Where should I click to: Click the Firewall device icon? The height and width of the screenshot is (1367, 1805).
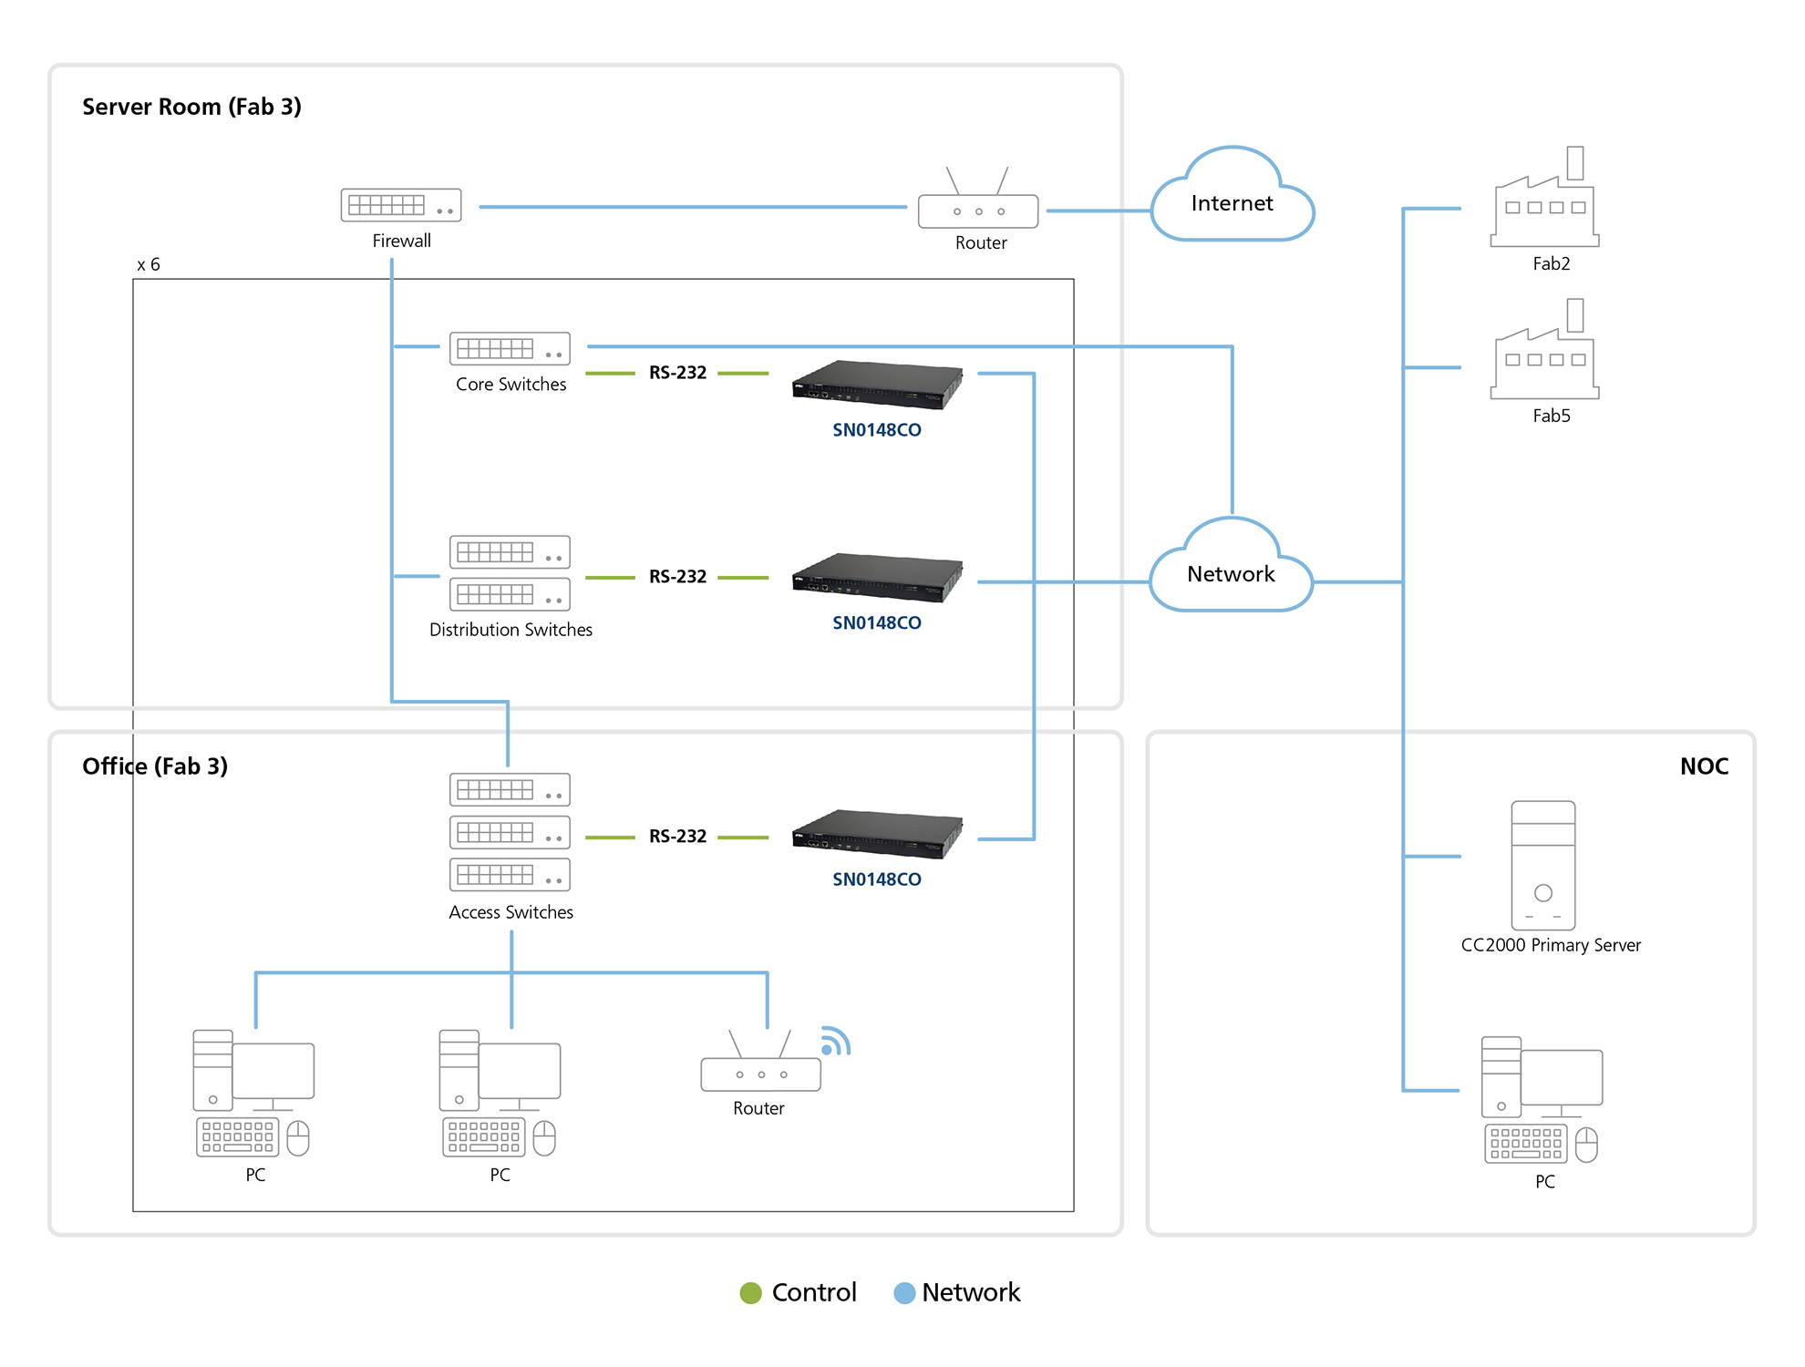pos(401,205)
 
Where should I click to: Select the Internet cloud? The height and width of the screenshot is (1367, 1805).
pos(1232,203)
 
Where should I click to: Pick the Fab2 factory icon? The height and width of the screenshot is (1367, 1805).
pos(1544,205)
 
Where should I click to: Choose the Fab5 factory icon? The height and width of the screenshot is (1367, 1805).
pos(1544,357)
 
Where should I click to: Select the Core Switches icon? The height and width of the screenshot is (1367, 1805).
pos(510,348)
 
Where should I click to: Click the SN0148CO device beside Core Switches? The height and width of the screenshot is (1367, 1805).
pos(877,384)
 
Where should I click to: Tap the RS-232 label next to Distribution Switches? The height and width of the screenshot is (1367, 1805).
pos(677,577)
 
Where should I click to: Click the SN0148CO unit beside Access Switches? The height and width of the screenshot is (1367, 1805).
pos(877,834)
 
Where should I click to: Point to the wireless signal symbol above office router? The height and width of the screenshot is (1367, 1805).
pos(834,1042)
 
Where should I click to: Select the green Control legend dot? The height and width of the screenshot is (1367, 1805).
pos(750,1292)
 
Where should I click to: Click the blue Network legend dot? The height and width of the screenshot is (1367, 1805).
pos(904,1292)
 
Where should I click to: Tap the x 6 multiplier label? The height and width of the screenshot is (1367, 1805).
pos(149,264)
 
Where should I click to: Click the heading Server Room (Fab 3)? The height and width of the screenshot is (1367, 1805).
pos(191,107)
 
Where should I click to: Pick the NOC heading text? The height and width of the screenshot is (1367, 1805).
pos(1703,766)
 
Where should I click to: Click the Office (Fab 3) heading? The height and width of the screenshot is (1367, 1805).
pos(155,766)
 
